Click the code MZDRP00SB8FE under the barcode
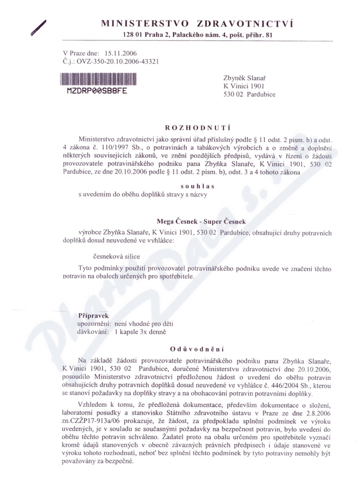[94, 90]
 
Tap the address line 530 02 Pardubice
[249, 94]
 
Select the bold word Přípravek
[94, 316]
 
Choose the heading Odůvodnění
[198, 349]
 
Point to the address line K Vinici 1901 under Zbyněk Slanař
[244, 86]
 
